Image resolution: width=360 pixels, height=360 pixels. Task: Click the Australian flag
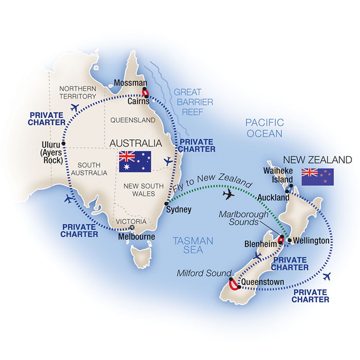pos(135,161)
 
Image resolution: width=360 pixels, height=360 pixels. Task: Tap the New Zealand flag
pos(317,176)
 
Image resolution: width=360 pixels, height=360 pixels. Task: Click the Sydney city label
pos(179,210)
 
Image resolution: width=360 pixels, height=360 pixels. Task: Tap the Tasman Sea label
pos(187,245)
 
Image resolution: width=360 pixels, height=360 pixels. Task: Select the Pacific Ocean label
pos(264,128)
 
